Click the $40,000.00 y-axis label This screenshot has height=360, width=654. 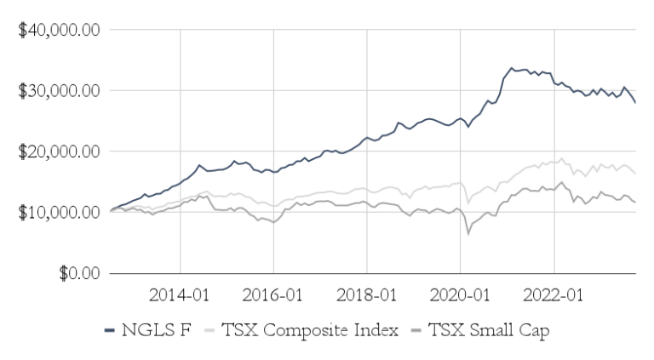click(x=59, y=30)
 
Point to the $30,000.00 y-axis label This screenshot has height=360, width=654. click(x=59, y=91)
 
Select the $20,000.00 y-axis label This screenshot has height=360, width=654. click(x=59, y=151)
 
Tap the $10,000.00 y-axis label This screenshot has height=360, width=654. click(x=59, y=213)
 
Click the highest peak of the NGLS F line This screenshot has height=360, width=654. click(x=511, y=68)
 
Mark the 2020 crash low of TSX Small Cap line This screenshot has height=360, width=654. click(x=468, y=233)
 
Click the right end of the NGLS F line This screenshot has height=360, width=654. click(x=635, y=102)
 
